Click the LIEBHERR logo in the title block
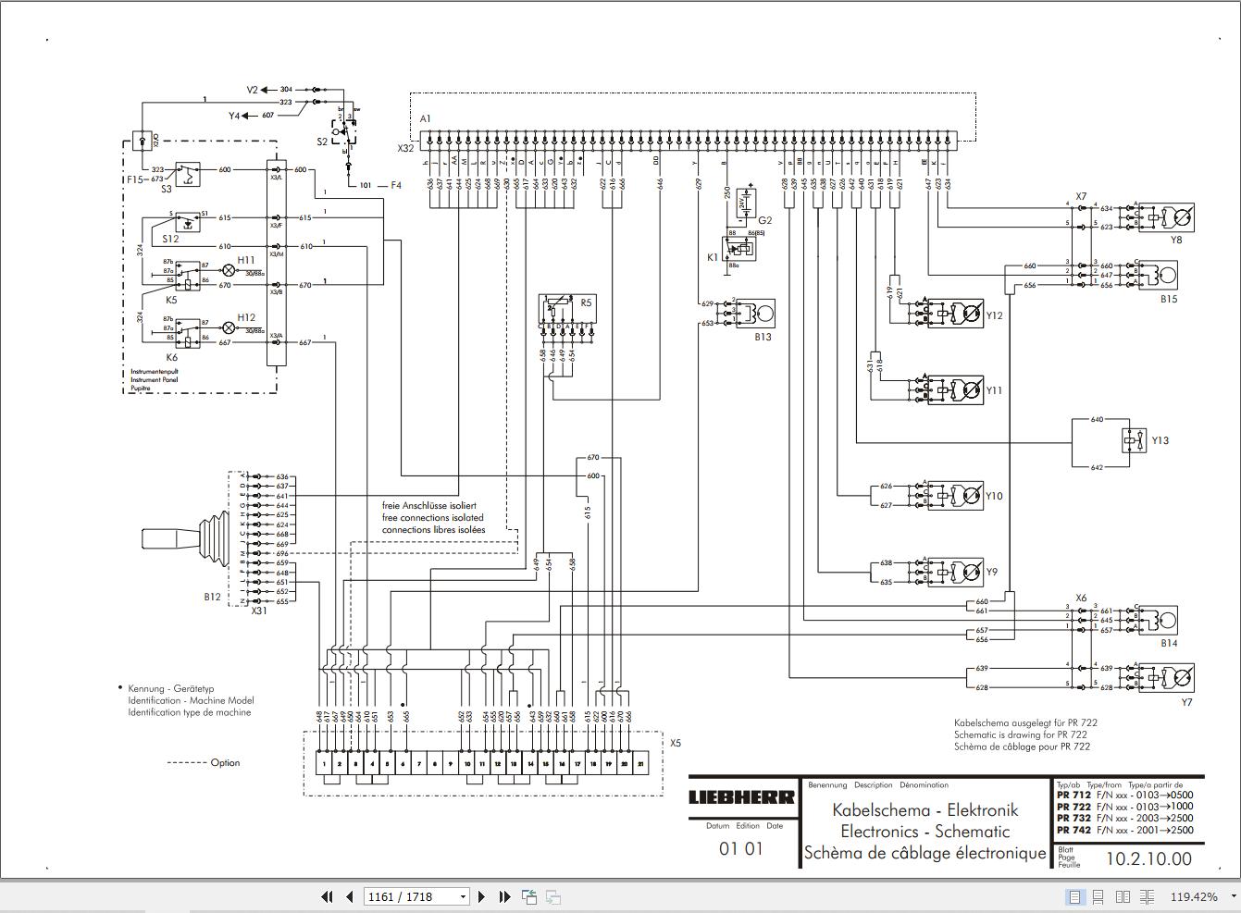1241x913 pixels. point(741,797)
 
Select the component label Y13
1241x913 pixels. point(1160,440)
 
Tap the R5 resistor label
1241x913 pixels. point(586,302)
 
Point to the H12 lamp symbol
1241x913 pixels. point(229,327)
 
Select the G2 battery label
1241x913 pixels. point(764,220)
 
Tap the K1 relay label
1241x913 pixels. point(713,257)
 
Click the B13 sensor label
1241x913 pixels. point(762,337)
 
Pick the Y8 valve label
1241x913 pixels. point(1176,240)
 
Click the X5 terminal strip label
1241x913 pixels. point(676,743)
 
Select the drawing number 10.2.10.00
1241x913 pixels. point(1148,858)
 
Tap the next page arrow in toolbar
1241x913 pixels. point(481,896)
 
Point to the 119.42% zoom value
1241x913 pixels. point(1194,896)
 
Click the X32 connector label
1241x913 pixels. point(405,148)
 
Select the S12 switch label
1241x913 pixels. point(170,239)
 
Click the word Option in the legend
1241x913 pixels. point(225,762)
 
